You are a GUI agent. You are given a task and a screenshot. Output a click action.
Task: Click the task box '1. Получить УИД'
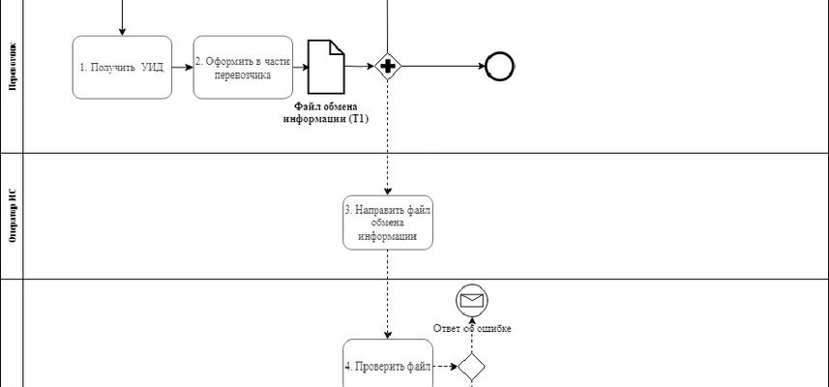click(x=122, y=67)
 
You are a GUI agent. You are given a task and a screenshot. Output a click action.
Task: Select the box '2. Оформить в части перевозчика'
click(x=243, y=67)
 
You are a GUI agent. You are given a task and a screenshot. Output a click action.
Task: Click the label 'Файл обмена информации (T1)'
click(x=332, y=111)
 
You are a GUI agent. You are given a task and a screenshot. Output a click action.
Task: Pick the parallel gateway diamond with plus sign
click(x=388, y=67)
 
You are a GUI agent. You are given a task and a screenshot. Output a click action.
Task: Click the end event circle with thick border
click(x=499, y=66)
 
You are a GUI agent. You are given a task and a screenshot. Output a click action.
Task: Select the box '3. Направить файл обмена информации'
click(x=387, y=222)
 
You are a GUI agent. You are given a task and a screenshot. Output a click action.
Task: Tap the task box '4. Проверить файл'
click(x=387, y=366)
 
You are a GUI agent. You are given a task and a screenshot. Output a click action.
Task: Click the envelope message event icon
click(x=471, y=300)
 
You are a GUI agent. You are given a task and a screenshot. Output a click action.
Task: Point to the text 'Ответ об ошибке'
click(x=472, y=328)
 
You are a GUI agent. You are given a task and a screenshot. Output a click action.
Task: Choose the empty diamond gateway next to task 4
click(x=471, y=367)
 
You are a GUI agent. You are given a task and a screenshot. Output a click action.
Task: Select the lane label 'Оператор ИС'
click(x=12, y=216)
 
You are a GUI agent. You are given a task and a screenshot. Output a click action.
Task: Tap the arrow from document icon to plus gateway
click(x=359, y=66)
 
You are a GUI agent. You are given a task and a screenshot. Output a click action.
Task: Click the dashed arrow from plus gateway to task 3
click(x=388, y=135)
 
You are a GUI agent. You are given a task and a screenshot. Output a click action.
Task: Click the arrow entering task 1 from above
click(x=123, y=19)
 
